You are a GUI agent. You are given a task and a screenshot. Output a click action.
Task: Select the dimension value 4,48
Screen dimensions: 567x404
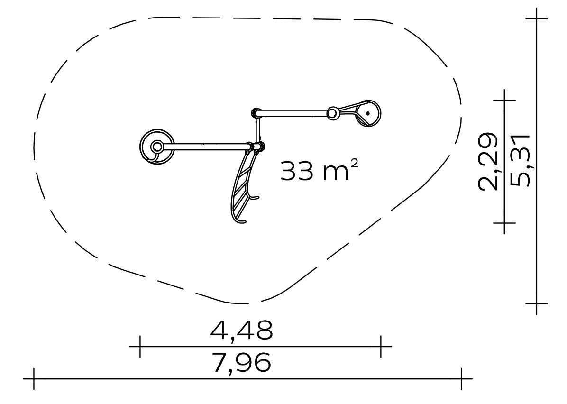pos(241,330)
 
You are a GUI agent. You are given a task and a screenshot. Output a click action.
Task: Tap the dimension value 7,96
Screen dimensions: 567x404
pos(242,362)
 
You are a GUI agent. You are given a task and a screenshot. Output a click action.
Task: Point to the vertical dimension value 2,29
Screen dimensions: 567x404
pos(487,161)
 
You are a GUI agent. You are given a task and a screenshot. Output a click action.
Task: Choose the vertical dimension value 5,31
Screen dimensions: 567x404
pos(520,161)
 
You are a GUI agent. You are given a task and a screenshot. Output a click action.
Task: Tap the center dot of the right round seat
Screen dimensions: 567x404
pos(368,113)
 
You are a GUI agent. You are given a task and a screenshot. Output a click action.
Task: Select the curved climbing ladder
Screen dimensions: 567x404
pos(242,188)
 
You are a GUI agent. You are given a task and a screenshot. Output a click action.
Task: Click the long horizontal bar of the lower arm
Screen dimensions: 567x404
pos(207,147)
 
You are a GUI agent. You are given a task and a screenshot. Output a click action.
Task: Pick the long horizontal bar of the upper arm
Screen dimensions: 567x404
pos(294,113)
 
